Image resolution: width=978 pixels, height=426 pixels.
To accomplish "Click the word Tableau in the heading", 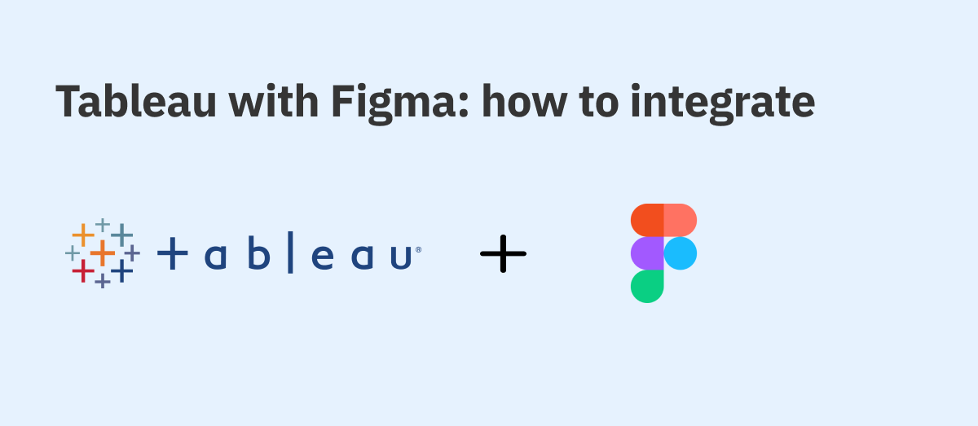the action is (x=136, y=101).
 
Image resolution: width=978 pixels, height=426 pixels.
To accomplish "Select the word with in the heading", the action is (x=274, y=101).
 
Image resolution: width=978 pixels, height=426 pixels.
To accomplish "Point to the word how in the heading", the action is (x=524, y=101).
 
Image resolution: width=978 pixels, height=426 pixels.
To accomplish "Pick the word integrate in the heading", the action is (x=723, y=104).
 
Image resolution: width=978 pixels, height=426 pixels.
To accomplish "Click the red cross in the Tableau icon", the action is (x=83, y=270).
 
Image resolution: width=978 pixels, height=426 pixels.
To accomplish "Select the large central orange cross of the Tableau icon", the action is (x=103, y=253).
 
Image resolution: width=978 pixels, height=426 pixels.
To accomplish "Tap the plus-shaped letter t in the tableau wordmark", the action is (x=173, y=253).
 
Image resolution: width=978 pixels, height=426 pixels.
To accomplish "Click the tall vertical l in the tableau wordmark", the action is (x=290, y=253).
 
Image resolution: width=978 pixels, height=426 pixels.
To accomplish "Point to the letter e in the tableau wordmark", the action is (x=323, y=257).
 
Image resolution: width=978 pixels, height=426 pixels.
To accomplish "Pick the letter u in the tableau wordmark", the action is (x=401, y=258).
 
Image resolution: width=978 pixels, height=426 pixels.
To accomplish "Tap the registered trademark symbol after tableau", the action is (x=419, y=250).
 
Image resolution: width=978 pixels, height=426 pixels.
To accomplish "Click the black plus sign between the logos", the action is (x=503, y=253).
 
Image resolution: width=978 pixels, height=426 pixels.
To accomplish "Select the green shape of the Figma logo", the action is (x=647, y=287).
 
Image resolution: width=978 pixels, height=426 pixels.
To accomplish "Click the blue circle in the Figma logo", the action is (x=681, y=253).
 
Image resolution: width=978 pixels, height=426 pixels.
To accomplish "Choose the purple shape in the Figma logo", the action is (x=647, y=253).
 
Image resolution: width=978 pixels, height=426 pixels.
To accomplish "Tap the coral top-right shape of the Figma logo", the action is (x=681, y=220).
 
